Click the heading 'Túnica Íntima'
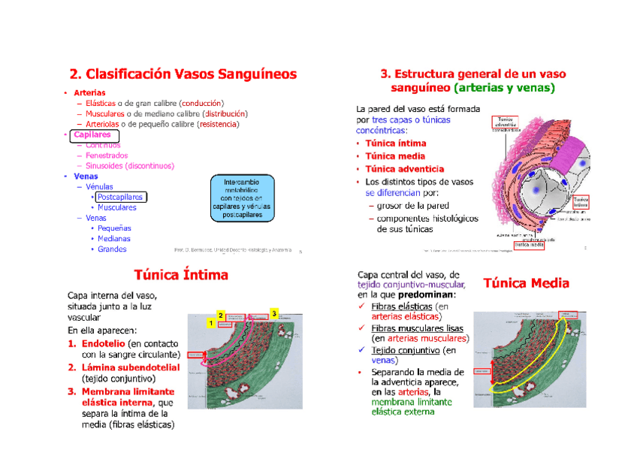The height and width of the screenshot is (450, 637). tap(180, 274)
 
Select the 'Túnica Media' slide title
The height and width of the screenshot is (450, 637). tap(526, 283)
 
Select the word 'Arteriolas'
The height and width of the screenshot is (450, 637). tap(105, 124)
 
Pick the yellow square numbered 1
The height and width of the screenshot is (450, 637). tap(211, 322)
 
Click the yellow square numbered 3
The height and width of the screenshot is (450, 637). tap(274, 313)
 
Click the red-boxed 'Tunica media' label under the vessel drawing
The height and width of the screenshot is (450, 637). tap(529, 245)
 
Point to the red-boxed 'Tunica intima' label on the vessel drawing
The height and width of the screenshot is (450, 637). tap(581, 201)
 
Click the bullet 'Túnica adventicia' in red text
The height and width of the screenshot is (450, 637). tap(404, 169)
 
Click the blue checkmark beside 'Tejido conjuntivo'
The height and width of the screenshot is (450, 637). tap(361, 350)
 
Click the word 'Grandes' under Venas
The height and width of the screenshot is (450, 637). tap(112, 249)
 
